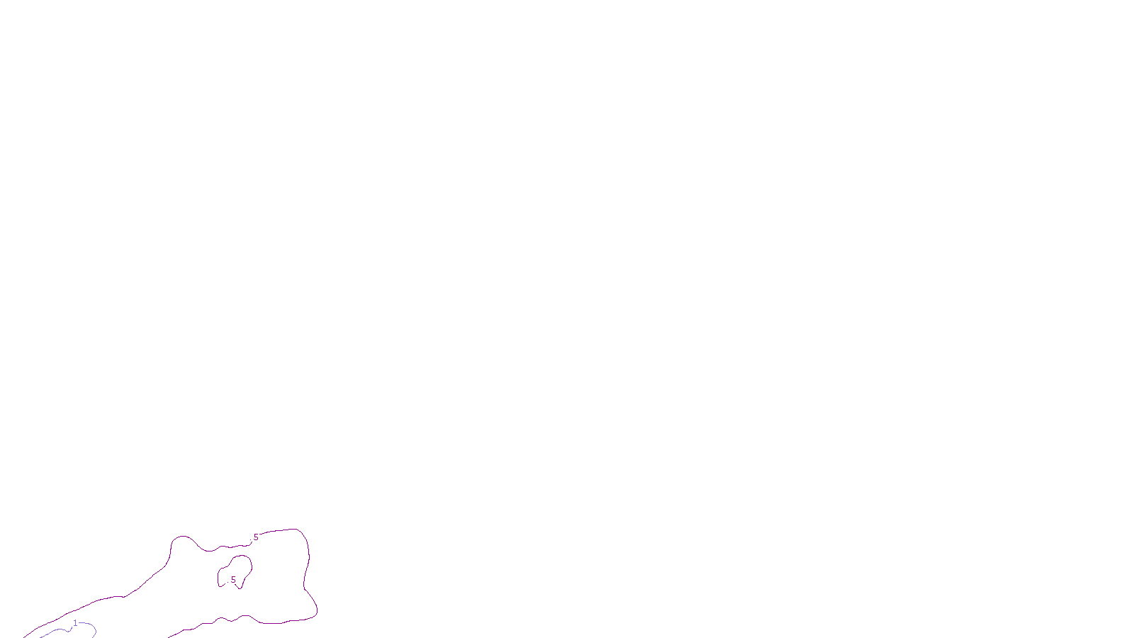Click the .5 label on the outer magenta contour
tap(255, 537)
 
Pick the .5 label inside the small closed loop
tap(232, 580)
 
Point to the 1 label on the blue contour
tap(75, 623)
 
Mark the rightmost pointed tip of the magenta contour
tap(317, 610)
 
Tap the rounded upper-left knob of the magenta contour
tap(181, 539)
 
